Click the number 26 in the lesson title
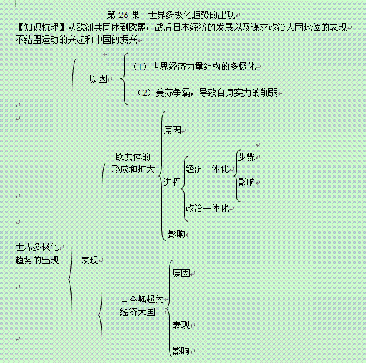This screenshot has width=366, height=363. point(123,15)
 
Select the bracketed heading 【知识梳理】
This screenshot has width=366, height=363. point(41,27)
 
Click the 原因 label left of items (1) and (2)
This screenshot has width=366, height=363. point(98,79)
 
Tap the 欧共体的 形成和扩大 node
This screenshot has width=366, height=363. point(133,163)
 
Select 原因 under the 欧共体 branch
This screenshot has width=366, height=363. point(172,131)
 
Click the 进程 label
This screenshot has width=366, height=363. point(172,182)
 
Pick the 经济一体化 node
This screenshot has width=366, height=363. point(207,169)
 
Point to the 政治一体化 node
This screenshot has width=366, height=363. point(207,208)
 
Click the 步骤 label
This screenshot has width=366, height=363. point(246,156)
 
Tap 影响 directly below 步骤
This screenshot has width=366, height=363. point(246,182)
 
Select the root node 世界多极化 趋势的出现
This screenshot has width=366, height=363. point(37,253)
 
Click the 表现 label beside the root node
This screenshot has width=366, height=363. point(89,260)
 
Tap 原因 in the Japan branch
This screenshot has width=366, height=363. point(181,273)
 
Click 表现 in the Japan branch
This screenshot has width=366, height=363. point(181,325)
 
